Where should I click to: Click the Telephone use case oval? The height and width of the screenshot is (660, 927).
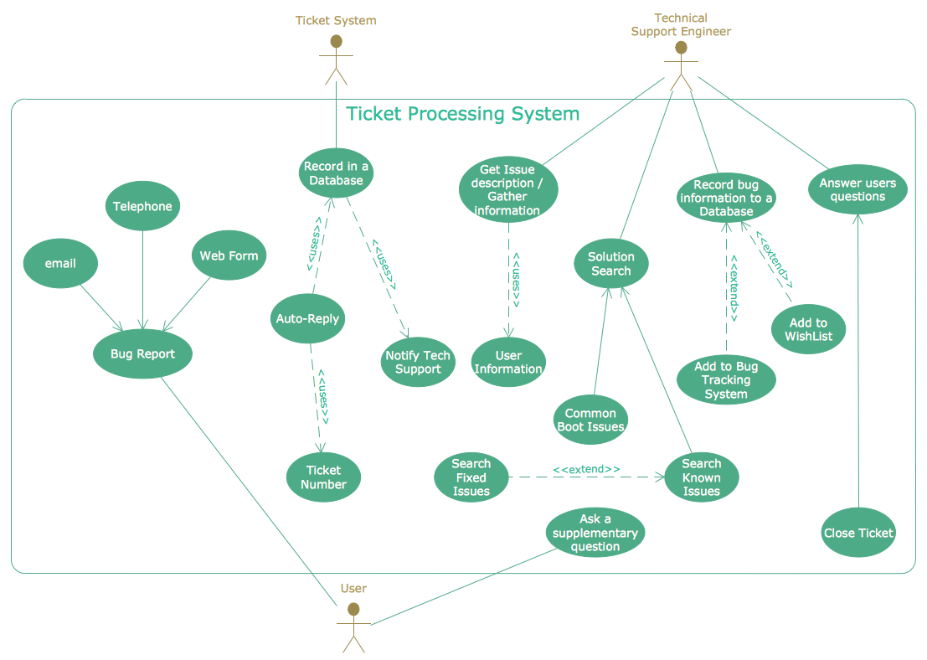point(142,207)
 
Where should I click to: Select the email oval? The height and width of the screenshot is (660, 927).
point(60,264)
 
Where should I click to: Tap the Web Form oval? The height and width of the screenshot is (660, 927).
point(229,255)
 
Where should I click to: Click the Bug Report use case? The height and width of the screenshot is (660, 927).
point(143,354)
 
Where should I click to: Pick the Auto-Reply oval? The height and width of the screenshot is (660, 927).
point(307,318)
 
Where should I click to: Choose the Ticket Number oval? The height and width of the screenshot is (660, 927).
point(323,477)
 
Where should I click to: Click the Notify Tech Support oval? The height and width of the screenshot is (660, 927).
point(418,363)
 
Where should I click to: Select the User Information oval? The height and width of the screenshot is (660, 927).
point(508,363)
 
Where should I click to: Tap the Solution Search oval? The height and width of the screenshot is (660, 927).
point(611,264)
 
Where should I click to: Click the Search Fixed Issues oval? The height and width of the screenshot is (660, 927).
point(471,477)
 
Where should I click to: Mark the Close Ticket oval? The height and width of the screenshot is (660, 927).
point(858,533)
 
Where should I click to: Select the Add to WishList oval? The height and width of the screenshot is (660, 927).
point(808,329)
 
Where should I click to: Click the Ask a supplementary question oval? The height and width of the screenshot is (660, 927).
point(595,533)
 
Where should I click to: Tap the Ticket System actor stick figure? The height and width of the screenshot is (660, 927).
point(337,59)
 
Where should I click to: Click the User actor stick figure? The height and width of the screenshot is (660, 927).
point(353,626)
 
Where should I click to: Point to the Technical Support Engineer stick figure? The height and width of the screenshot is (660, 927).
point(681,64)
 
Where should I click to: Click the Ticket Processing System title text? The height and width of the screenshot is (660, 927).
point(462,114)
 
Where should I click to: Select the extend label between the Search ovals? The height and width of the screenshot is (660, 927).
point(586,469)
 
